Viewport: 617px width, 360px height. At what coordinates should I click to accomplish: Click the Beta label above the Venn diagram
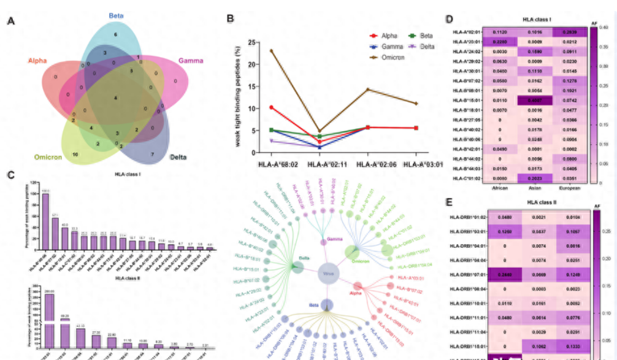[x=115, y=15]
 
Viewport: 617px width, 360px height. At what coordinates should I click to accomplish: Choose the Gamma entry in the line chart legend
[x=393, y=47]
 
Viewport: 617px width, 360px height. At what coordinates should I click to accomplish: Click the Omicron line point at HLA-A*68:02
[x=271, y=50]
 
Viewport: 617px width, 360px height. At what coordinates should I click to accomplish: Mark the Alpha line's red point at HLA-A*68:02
[x=271, y=107]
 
